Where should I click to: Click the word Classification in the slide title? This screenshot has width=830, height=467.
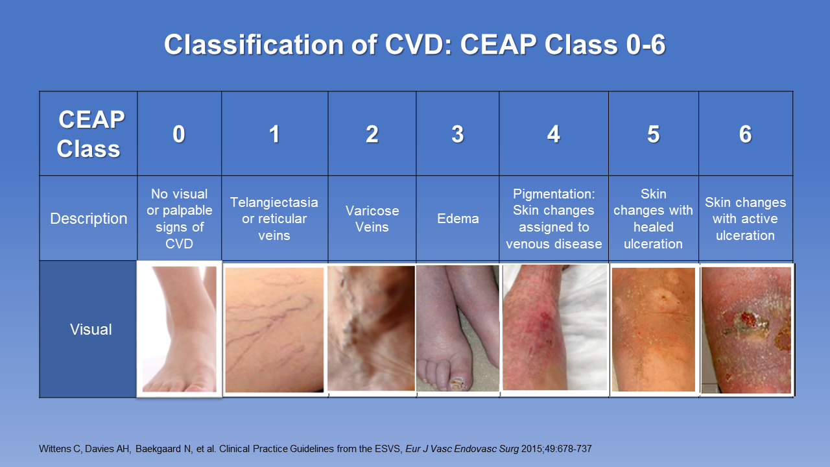coord(254,45)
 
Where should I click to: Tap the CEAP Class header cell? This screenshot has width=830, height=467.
coord(89,134)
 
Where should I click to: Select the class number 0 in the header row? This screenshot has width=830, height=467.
coord(178,134)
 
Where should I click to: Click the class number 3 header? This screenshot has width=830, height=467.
coord(458,134)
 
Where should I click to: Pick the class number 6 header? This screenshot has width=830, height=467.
coord(745,134)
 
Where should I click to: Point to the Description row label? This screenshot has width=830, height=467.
coord(89,219)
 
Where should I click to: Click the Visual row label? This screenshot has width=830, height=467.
coord(91,329)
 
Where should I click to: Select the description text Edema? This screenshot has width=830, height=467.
coord(458,219)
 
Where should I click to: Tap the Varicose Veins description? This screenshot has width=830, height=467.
coord(372,219)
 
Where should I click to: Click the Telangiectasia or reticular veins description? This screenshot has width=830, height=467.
coord(274,219)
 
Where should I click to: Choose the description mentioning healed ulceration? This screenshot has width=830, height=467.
coord(653,219)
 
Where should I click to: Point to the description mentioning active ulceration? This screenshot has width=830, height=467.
coord(745,219)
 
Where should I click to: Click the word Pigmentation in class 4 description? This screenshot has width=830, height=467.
coord(554,194)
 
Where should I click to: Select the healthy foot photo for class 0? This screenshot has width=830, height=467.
coord(180,329)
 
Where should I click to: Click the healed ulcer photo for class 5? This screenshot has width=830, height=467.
coord(653,329)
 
